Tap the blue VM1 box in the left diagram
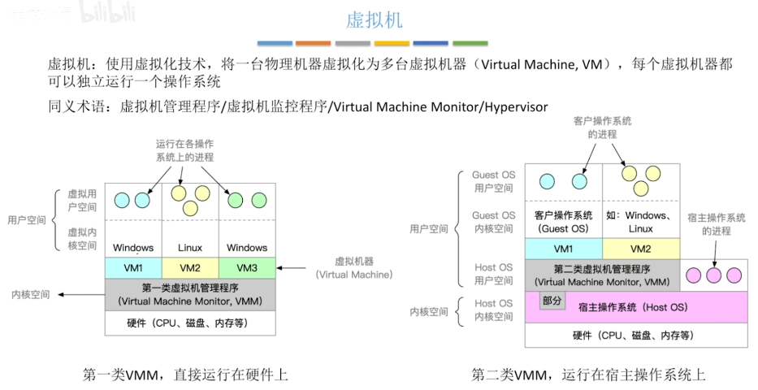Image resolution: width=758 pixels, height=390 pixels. click(x=133, y=267)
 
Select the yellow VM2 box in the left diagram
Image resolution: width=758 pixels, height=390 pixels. click(x=190, y=267)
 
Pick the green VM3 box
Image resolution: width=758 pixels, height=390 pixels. click(x=247, y=267)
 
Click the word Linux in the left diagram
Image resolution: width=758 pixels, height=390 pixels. click(x=190, y=248)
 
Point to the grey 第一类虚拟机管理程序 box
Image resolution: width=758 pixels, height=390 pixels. click(x=190, y=294)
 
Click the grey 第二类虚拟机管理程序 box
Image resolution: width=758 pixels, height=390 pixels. click(x=602, y=275)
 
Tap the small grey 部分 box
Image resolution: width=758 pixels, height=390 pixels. click(x=552, y=301)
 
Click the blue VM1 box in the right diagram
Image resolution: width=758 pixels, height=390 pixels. click(x=563, y=249)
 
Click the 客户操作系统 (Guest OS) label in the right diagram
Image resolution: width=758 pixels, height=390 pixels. click(x=563, y=223)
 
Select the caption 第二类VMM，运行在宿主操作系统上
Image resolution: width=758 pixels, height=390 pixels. click(x=588, y=375)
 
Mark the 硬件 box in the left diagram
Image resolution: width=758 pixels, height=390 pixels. click(x=190, y=323)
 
